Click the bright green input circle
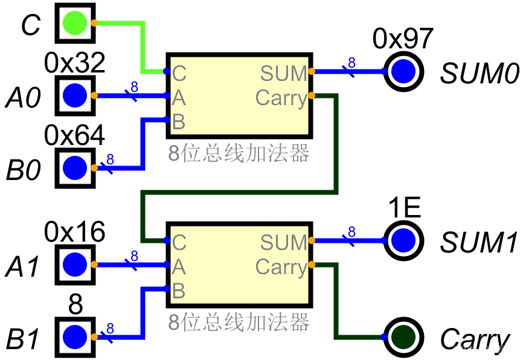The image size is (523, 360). [x=75, y=23]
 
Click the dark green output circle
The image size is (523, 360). [x=403, y=337]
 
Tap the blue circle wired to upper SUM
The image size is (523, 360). [x=403, y=71]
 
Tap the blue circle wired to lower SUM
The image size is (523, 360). [x=403, y=240]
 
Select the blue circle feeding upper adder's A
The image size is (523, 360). [x=75, y=95]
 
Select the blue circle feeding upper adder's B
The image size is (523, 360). [x=75, y=167]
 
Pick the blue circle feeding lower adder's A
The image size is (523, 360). [x=75, y=265]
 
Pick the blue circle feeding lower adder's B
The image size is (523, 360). [x=75, y=336]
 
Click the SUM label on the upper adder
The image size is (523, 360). [x=284, y=74]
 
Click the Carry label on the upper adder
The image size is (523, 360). [x=281, y=98]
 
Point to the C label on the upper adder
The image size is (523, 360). [x=179, y=74]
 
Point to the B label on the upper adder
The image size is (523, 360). [x=179, y=122]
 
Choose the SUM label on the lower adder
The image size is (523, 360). [x=284, y=243]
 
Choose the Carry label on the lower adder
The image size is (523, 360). [x=281, y=267]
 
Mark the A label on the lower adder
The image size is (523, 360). [x=179, y=267]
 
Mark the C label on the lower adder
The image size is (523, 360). [x=179, y=243]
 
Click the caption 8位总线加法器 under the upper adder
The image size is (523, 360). [x=239, y=154]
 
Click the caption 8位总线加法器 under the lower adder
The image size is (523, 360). [x=239, y=323]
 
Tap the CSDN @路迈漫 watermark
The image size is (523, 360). [x=483, y=350]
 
